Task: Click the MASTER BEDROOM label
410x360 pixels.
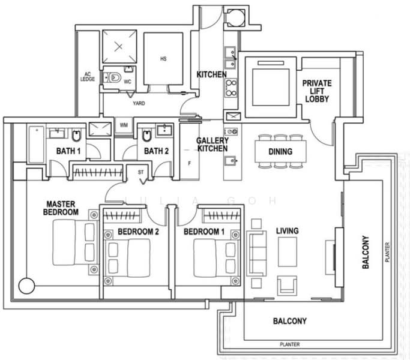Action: point(62,208)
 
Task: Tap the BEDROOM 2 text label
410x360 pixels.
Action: point(137,232)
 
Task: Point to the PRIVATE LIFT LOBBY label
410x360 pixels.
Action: point(316,91)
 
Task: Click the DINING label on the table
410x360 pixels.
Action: point(280,151)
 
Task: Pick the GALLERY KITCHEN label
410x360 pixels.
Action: point(212,145)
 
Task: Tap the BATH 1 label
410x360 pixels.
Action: point(68,151)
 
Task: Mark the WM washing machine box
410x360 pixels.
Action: point(124,125)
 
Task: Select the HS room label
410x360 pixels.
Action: point(163,59)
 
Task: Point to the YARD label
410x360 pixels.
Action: point(139,103)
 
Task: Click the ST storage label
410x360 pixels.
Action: point(142,172)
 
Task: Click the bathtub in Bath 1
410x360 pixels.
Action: point(35,144)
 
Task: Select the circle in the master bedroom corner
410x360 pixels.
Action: point(26,284)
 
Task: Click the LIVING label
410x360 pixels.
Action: point(287,231)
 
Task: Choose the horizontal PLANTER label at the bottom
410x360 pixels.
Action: point(289,344)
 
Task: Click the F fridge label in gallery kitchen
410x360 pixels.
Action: point(190,162)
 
